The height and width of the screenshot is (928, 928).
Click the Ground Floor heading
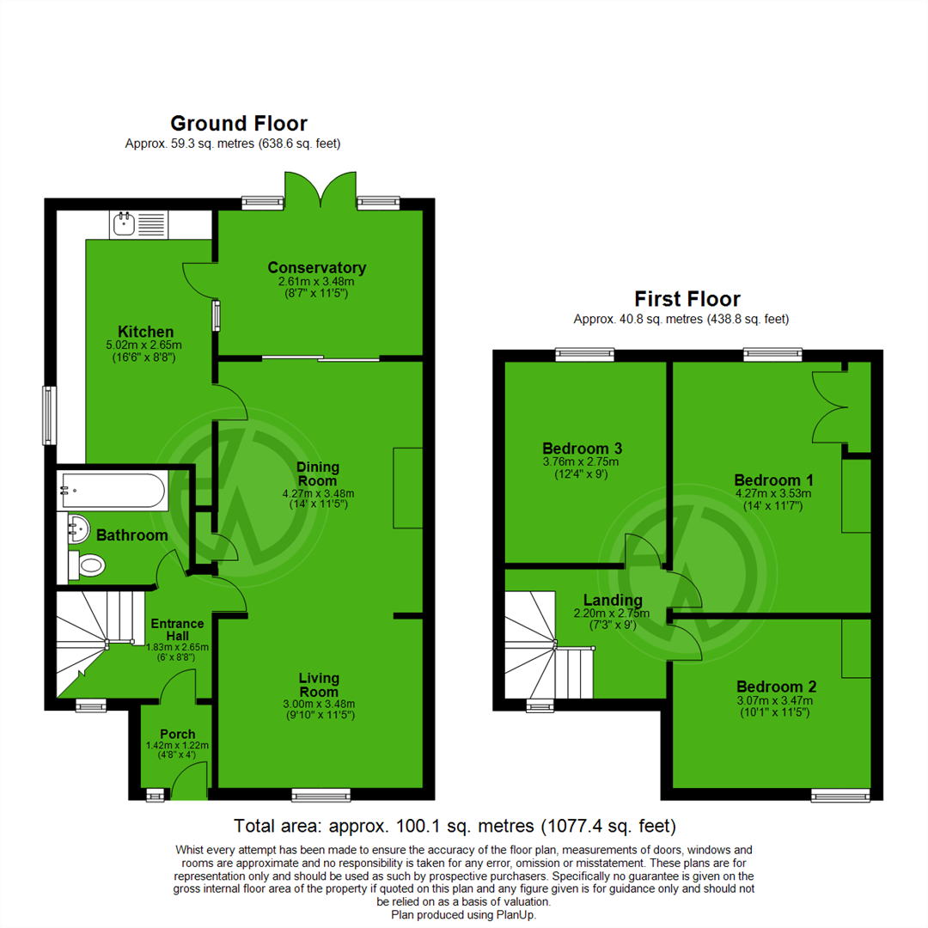click(238, 124)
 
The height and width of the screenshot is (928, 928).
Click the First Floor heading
click(687, 299)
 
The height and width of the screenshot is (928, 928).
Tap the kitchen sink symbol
click(138, 225)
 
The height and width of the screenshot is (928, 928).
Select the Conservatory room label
click(316, 267)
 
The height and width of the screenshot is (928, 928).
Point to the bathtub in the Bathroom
click(111, 491)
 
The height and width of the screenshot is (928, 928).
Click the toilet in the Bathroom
click(88, 565)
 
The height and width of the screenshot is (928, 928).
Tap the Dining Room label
click(318, 473)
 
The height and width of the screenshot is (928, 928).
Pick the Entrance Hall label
click(177, 630)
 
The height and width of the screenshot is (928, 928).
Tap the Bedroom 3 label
click(582, 449)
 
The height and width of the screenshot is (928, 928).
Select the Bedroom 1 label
click(773, 480)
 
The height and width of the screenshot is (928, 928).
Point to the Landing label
click(613, 600)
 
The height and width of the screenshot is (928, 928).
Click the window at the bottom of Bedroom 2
click(840, 797)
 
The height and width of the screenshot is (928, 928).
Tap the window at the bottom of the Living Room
click(321, 796)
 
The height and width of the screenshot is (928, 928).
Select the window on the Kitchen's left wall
click(49, 415)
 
